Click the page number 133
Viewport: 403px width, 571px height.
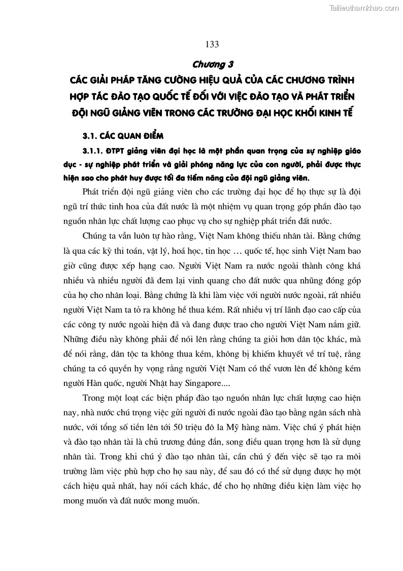212,45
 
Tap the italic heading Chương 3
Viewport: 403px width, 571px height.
212,65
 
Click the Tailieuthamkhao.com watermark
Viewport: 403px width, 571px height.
364,8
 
